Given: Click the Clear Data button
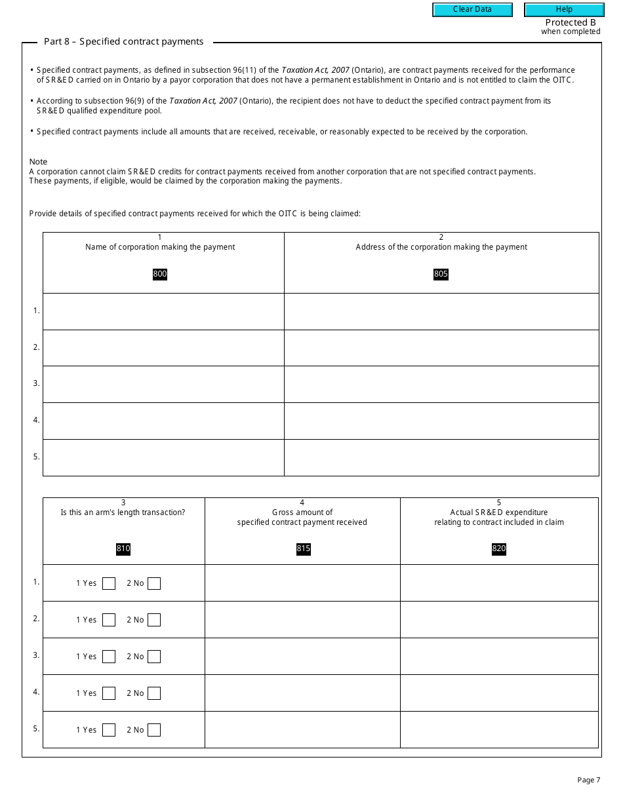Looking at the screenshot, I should (x=472, y=10).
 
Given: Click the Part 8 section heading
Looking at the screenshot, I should (x=124, y=42).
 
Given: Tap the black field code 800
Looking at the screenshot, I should (x=160, y=274).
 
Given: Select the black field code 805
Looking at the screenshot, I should (x=441, y=274).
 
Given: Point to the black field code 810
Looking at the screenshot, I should (x=123, y=548).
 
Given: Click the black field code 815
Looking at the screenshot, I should (x=303, y=548).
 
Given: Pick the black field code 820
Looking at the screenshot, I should (x=499, y=548).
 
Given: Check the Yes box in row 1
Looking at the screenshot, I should (x=109, y=583).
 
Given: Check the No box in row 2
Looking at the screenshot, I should (x=154, y=620).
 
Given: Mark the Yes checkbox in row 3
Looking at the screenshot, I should (x=109, y=657).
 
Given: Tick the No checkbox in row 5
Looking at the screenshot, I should (x=154, y=730).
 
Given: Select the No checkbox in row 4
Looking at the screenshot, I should (x=154, y=693).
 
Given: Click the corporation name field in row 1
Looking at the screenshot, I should (x=163, y=311).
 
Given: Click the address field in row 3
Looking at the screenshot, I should (x=441, y=384).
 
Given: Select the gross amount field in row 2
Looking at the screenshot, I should (x=302, y=620).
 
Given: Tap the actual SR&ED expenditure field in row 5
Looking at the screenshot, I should (x=499, y=730).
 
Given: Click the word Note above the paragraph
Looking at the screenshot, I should (x=38, y=162).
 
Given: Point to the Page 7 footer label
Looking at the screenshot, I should (x=588, y=780).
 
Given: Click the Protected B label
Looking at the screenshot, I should (x=571, y=22).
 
